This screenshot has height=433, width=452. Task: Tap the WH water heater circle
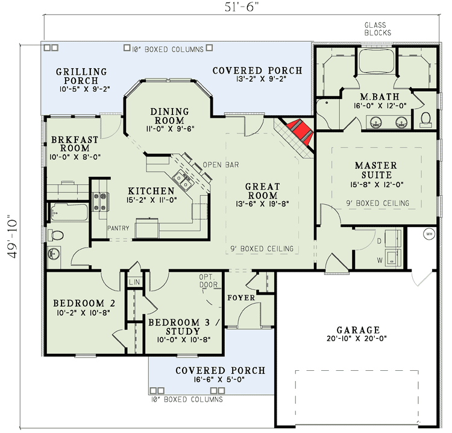coord(429,234)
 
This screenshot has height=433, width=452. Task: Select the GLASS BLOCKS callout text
coord(378,29)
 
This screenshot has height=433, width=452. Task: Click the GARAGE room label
coord(358,330)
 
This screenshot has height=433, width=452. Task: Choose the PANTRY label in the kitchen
coord(119,228)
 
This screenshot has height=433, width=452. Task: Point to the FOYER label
coord(241,298)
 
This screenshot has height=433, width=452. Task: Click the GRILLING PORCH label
coord(81,76)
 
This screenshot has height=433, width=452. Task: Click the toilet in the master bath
coord(425,117)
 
